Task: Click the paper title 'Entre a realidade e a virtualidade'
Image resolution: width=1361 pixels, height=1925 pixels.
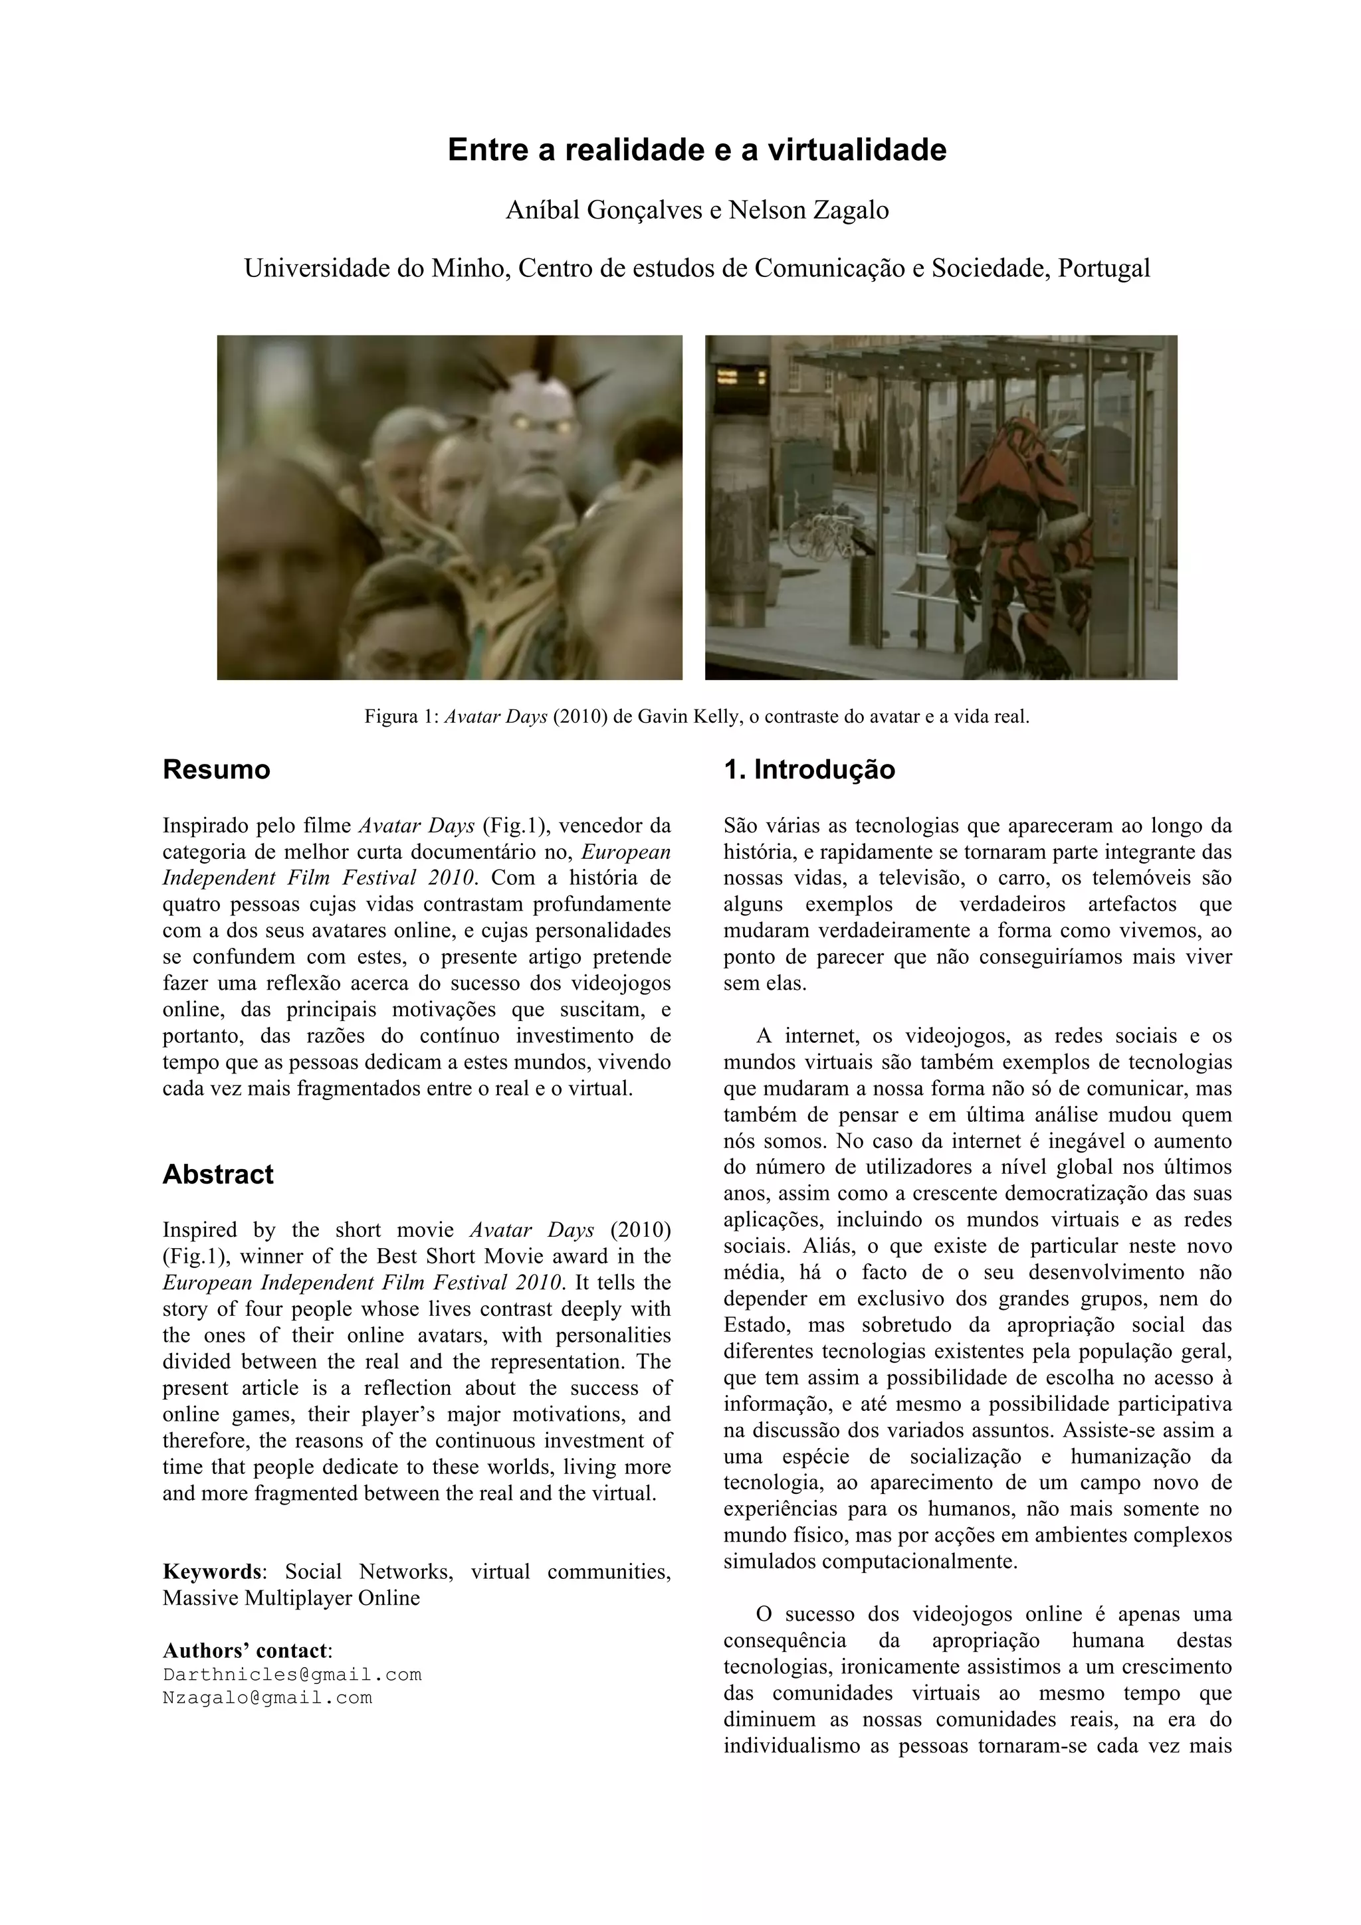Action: click(697, 150)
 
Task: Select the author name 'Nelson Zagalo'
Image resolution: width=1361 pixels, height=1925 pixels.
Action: click(807, 211)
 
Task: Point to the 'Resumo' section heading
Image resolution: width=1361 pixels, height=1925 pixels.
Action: click(217, 770)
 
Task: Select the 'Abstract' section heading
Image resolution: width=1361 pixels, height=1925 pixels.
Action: click(218, 1174)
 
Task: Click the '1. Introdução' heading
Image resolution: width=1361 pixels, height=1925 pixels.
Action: click(809, 770)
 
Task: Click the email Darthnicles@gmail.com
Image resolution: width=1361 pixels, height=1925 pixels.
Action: click(292, 1675)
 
